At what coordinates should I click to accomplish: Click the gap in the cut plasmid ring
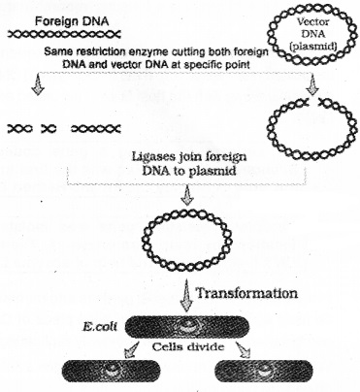coord(309,101)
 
